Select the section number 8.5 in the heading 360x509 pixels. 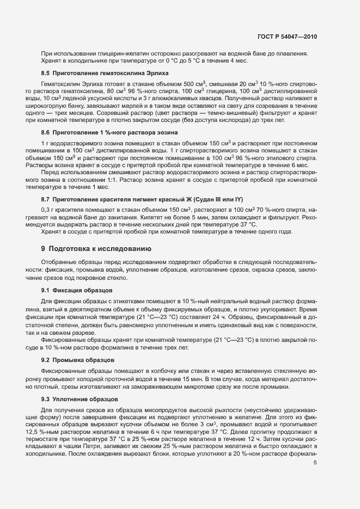(x=46, y=73)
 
